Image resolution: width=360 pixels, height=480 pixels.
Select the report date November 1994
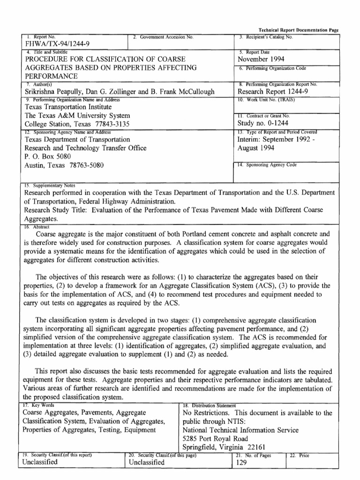[261, 59]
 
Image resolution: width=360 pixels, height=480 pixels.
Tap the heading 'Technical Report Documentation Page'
[299, 30]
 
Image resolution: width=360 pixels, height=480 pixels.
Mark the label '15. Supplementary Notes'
[48, 185]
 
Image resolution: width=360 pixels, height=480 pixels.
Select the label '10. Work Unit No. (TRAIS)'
[267, 99]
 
